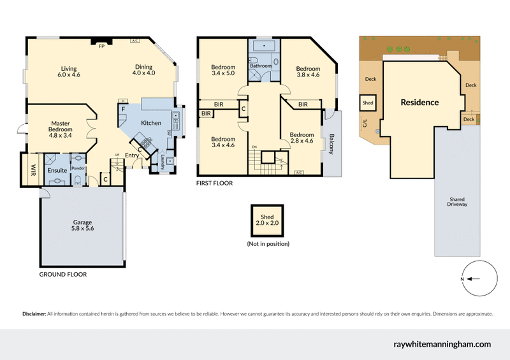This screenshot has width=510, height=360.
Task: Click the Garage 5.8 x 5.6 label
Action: (x=82, y=226)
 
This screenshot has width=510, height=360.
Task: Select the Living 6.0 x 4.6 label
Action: (x=69, y=71)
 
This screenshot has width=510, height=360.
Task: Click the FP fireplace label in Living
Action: (x=101, y=46)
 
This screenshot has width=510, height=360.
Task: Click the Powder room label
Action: (x=78, y=168)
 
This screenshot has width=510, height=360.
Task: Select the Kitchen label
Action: (x=151, y=123)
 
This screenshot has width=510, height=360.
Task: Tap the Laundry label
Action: (x=163, y=160)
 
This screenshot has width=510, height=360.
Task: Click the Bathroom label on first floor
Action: (x=261, y=66)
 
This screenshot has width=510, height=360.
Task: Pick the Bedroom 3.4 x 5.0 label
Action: (x=223, y=71)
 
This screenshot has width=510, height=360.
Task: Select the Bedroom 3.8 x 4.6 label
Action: (x=307, y=71)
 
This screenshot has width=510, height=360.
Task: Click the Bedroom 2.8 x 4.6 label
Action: (x=302, y=138)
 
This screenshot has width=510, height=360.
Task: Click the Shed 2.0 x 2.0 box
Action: (x=268, y=220)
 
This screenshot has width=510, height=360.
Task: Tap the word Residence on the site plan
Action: (x=419, y=102)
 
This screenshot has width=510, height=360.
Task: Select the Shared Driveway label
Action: (x=457, y=201)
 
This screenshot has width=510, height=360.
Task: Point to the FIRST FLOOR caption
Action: (x=214, y=183)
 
